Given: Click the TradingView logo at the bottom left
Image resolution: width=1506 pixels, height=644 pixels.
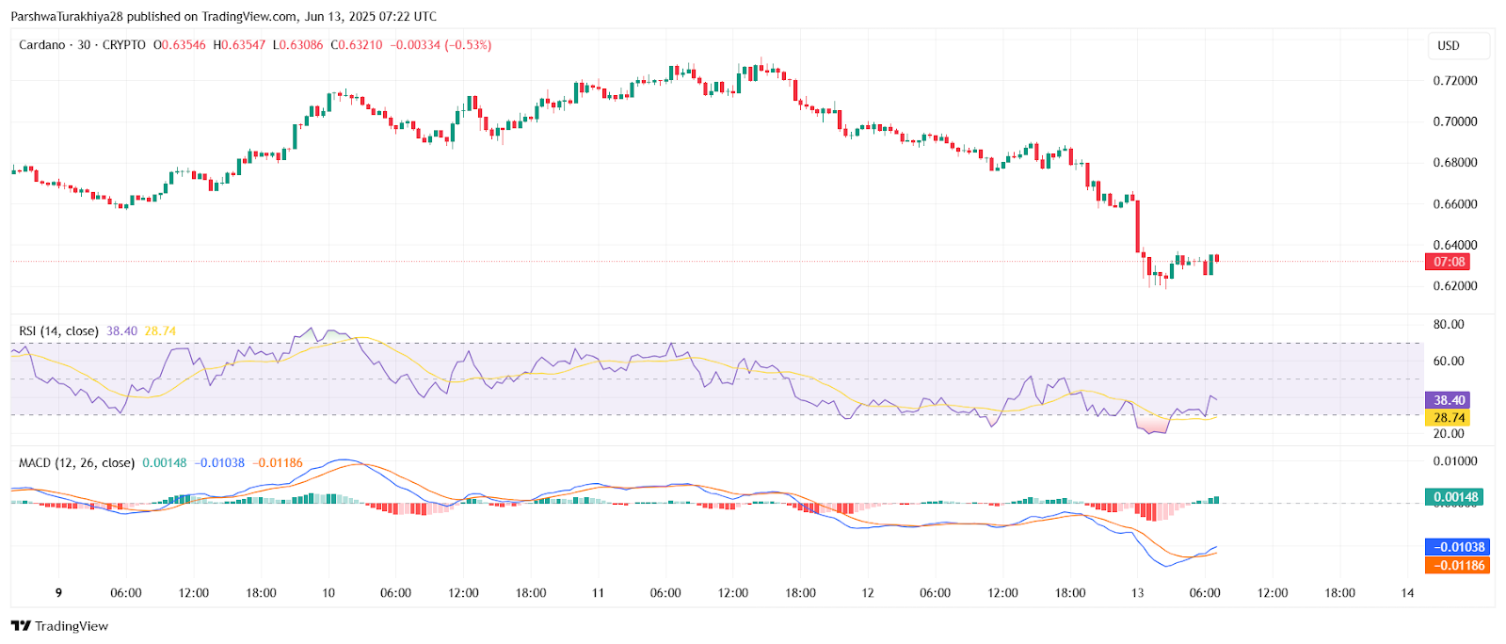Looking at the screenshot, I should [x=59, y=626].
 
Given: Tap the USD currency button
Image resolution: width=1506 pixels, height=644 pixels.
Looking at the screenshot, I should [x=1449, y=45].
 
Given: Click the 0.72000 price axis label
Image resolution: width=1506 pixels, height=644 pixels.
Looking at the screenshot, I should [x=1454, y=81].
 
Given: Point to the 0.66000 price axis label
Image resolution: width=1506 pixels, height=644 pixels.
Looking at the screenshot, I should [x=1454, y=204].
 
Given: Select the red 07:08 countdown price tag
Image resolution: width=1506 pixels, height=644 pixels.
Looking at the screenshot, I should [x=1449, y=262].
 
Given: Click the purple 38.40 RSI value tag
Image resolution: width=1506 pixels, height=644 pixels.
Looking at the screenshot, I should [x=1449, y=400].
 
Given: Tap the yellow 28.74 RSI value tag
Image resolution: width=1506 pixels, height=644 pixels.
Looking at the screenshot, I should [x=1449, y=418].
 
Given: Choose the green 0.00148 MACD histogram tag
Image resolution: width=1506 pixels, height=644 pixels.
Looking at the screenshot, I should [x=1455, y=497].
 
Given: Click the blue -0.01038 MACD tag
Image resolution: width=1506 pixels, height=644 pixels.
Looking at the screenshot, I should [x=1458, y=547].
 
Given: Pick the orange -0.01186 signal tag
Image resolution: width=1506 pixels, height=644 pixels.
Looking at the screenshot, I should [x=1458, y=566].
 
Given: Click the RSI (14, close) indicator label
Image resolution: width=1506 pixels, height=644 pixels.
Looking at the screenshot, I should [x=58, y=331].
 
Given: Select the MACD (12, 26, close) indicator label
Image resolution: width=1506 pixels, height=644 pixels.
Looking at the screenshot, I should [x=76, y=463].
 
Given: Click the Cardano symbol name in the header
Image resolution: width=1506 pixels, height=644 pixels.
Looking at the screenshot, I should [x=42, y=45].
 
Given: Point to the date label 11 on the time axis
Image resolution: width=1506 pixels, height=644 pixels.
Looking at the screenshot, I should [x=598, y=593].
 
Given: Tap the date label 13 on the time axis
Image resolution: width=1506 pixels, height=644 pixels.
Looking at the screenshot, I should [x=1137, y=593].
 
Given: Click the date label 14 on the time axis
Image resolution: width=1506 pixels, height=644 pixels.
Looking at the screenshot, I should [x=1407, y=593].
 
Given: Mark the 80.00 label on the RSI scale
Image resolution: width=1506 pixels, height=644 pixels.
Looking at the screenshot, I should [x=1448, y=325].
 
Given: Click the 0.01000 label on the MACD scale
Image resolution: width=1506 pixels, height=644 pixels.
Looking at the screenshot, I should [x=1454, y=461].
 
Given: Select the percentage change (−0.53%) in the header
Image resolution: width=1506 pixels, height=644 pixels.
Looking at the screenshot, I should [x=468, y=45].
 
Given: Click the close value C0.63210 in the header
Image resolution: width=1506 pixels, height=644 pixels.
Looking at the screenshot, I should [x=357, y=45].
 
